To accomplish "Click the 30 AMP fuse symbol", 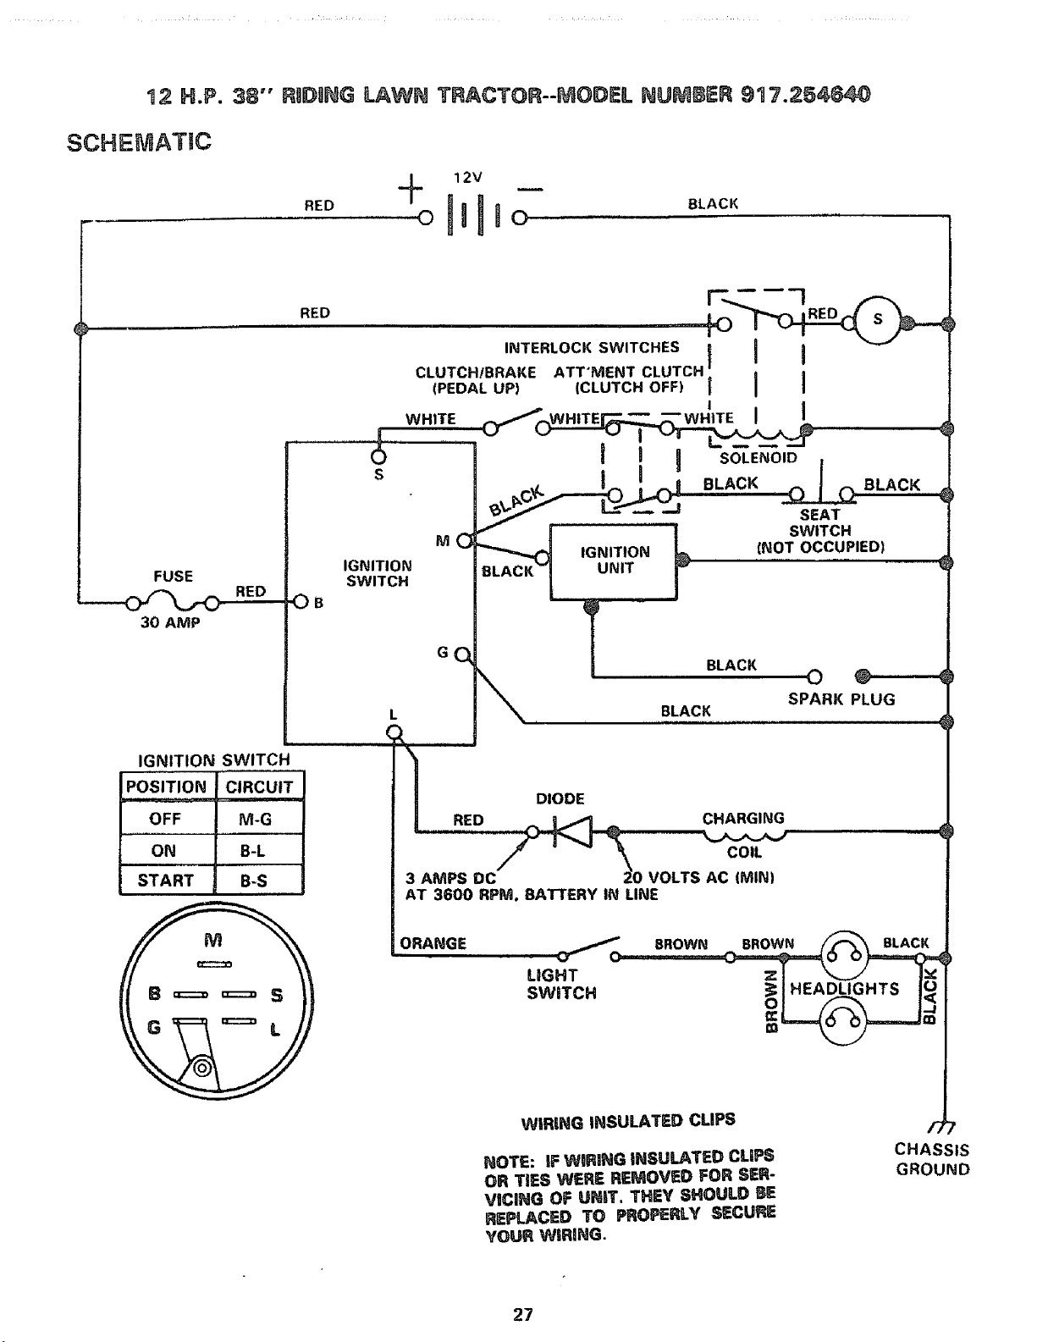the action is pos(173,601).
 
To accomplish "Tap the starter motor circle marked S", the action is pos(877,320).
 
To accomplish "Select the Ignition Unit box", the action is pos(614,562).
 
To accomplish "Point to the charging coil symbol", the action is pos(744,835).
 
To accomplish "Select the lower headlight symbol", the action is pos(845,1021).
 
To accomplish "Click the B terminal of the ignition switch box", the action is pos(301,601).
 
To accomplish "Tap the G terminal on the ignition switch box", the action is pos(462,654).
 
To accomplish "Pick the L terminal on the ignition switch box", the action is pos(394,732).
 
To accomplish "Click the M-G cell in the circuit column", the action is pos(259,818).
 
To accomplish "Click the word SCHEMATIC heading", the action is pos(139,142).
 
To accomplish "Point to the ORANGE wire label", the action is pos(433,944).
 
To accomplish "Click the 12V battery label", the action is pos(467,178).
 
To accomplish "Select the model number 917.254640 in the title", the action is pos(805,95).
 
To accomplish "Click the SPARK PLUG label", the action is pos(841,699).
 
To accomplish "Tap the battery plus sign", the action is pos(411,188).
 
